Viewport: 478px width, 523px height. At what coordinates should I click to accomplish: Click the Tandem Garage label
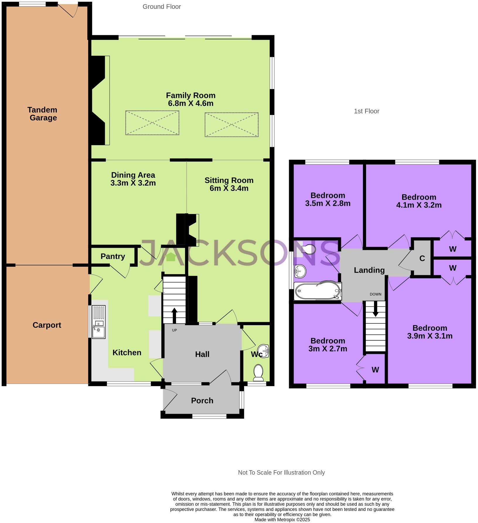(42, 114)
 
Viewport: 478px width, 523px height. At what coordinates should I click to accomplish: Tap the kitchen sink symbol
(98, 322)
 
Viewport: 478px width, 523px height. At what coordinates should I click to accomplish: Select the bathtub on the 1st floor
(317, 291)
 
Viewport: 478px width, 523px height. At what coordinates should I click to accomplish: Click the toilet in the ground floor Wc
(258, 372)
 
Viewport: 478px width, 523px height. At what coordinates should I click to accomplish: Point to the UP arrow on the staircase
(174, 315)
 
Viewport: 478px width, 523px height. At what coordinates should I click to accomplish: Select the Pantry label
(113, 256)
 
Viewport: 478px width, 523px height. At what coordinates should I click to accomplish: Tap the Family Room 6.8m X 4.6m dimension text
(191, 103)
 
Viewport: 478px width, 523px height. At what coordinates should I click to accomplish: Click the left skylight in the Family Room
(152, 123)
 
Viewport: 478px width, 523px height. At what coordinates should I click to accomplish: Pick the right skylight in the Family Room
(231, 125)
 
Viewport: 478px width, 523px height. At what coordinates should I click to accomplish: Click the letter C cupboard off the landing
(422, 258)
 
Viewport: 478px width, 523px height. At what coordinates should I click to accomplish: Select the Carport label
(47, 325)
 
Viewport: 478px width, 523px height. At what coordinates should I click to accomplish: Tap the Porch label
(202, 400)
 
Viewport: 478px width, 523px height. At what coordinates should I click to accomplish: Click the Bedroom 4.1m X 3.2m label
(419, 201)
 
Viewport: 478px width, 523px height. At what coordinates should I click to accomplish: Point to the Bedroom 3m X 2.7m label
(327, 345)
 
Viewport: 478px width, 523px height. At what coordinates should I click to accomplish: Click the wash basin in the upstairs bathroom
(300, 271)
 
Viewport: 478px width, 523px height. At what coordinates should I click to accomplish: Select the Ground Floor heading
(162, 6)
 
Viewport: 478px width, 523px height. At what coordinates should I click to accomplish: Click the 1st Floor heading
(366, 111)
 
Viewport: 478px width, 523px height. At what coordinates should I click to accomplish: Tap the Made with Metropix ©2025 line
(282, 519)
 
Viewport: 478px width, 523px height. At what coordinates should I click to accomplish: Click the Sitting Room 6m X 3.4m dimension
(229, 188)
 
